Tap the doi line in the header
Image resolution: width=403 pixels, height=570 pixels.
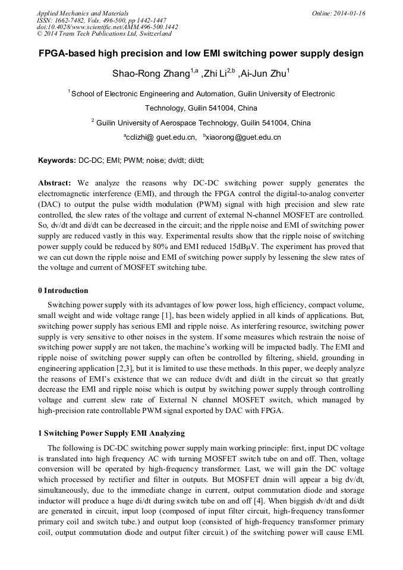click(x=107, y=27)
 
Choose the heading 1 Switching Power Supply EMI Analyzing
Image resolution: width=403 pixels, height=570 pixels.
click(x=111, y=433)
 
